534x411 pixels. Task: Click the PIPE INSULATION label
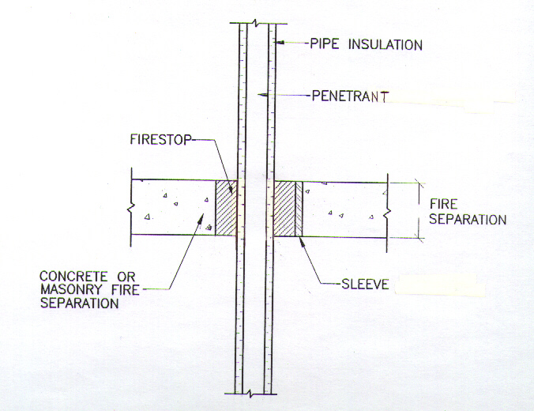click(x=366, y=45)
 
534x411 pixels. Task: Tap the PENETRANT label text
click(x=350, y=96)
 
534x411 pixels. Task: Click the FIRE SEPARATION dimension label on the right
click(x=468, y=212)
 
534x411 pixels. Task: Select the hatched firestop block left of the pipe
click(x=226, y=209)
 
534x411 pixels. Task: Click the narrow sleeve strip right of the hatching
click(x=299, y=209)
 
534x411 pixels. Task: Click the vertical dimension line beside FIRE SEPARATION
click(x=416, y=209)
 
